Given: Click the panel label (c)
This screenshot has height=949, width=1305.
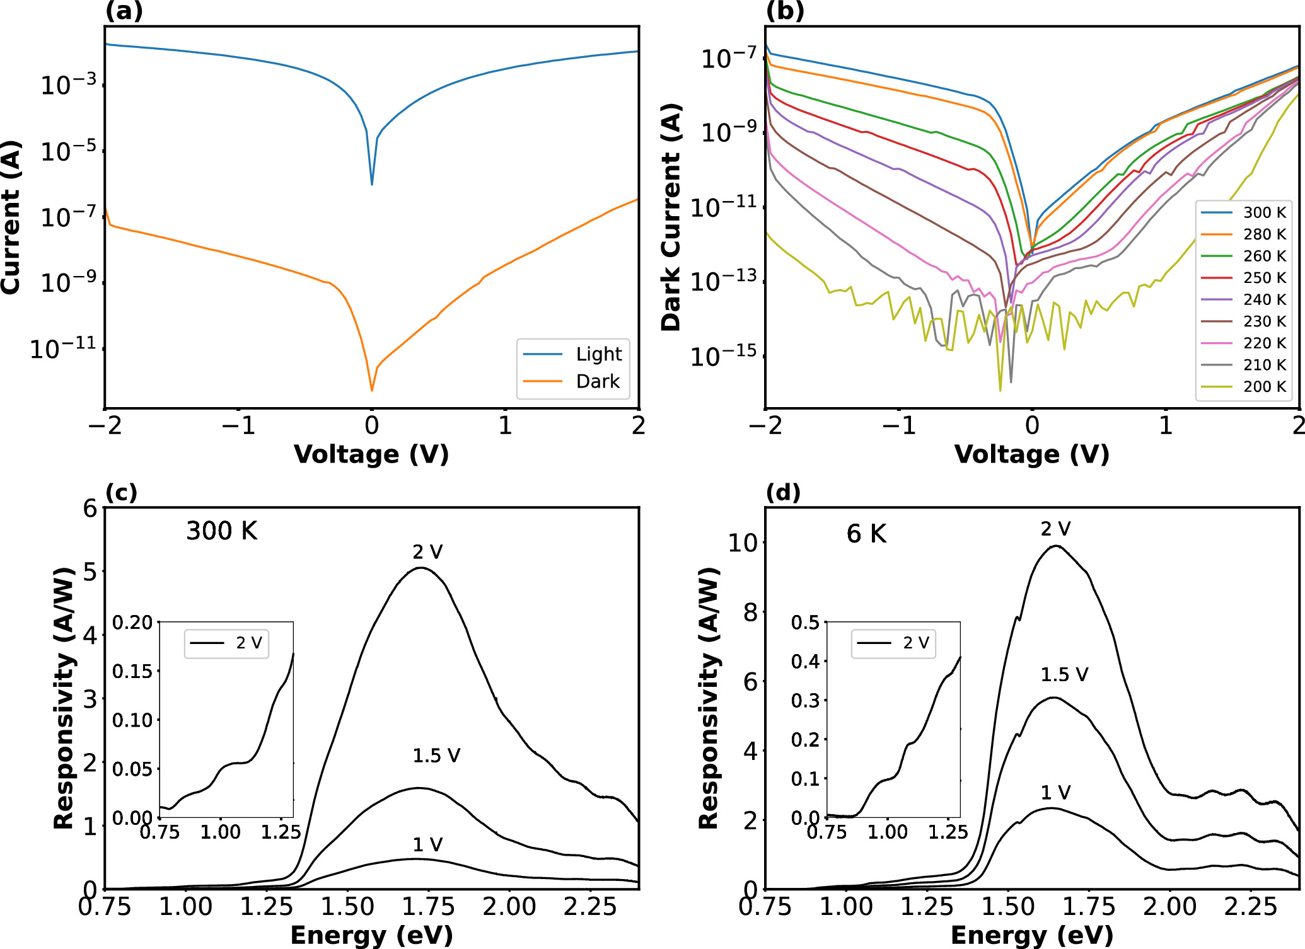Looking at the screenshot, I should coord(121,492).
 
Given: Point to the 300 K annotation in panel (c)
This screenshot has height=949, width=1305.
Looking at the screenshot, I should coord(221,531).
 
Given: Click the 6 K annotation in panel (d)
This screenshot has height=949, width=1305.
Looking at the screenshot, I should coord(866,534).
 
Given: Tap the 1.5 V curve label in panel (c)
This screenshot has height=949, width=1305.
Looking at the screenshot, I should coord(436,756).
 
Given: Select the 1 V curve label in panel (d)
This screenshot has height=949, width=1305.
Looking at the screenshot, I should coord(1055,793).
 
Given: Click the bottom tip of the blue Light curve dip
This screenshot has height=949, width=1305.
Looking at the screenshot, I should coord(372,184).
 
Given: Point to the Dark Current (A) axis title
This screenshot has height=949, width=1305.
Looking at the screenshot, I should coord(671,217).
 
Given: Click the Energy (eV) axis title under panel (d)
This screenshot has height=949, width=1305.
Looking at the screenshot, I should coord(1031,935).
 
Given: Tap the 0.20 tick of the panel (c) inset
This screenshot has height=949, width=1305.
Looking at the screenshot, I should coord(132,623).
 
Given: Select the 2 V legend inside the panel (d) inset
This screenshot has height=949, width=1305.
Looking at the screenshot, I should coord(893,643).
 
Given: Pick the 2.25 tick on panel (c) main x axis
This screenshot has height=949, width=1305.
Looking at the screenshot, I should coord(590,907).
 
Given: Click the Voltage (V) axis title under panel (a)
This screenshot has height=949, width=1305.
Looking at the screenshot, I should coord(371,454).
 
